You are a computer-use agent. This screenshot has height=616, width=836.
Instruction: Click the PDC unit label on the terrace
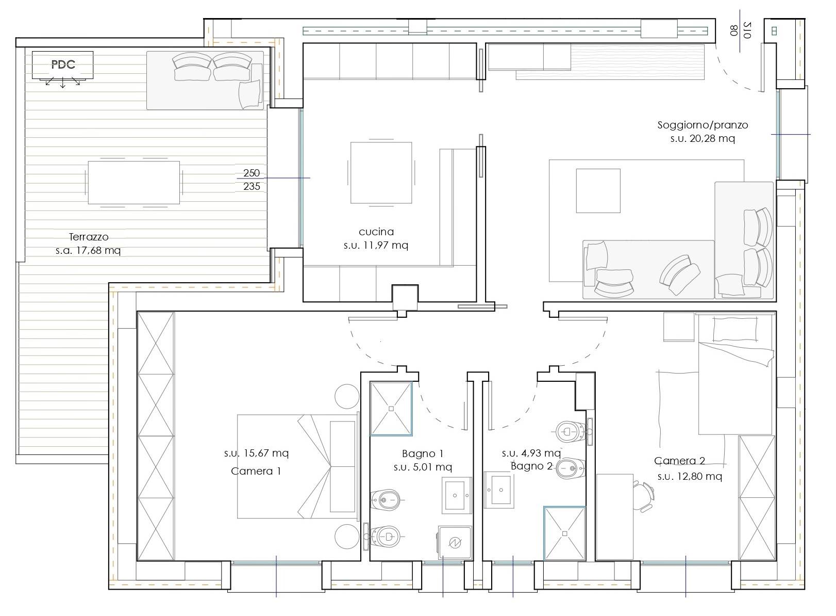[63, 64]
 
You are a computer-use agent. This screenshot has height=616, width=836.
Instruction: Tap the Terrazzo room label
[89, 237]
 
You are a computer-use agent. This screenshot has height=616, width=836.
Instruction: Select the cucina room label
[376, 232]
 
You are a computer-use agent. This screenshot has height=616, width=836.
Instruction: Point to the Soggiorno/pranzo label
[703, 125]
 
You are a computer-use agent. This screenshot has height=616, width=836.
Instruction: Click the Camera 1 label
[256, 471]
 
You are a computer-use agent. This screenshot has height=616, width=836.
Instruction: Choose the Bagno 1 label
[423, 453]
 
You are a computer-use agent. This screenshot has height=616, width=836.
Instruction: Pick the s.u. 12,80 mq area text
[690, 476]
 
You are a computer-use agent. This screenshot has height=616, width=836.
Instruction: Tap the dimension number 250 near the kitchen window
[251, 173]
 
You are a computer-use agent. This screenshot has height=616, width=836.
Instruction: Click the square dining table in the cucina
[381, 173]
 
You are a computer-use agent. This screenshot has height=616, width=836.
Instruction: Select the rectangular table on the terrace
[133, 183]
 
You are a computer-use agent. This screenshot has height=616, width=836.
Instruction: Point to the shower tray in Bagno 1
[391, 409]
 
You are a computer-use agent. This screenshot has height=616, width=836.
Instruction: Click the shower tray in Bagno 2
[564, 533]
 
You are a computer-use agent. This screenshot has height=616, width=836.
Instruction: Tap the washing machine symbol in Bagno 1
[455, 542]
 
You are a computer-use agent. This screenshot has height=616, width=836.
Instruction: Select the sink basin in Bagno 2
[499, 490]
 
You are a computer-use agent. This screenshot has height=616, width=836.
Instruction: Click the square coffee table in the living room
[598, 191]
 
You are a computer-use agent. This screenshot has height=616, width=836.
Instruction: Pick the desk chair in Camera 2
[643, 496]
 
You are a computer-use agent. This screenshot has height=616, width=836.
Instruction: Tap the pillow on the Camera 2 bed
[735, 329]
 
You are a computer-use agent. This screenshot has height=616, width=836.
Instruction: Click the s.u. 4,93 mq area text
[531, 453]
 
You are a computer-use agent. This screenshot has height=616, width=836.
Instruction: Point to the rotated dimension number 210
[747, 30]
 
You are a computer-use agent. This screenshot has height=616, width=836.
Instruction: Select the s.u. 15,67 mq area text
[256, 453]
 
